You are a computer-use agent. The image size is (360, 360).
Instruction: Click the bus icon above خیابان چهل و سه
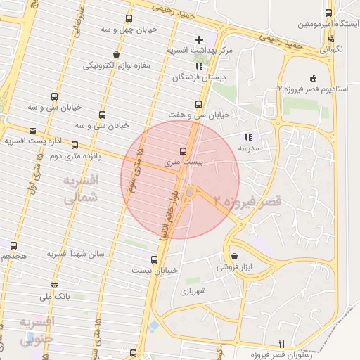point(127,19)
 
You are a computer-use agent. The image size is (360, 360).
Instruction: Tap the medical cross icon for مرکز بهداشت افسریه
point(200,39)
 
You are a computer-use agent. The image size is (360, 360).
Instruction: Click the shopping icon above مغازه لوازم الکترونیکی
point(115,54)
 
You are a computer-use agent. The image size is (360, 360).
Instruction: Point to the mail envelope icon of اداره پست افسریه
point(33,130)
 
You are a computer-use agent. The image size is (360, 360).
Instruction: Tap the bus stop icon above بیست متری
point(184,150)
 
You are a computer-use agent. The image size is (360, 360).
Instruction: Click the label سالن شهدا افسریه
point(76,253)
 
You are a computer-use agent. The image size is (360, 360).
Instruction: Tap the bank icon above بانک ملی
point(55,285)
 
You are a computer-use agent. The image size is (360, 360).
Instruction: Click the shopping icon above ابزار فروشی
point(233,256)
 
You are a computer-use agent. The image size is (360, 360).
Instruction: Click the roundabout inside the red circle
point(189,192)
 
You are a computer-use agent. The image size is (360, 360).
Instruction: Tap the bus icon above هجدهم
point(14,245)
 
